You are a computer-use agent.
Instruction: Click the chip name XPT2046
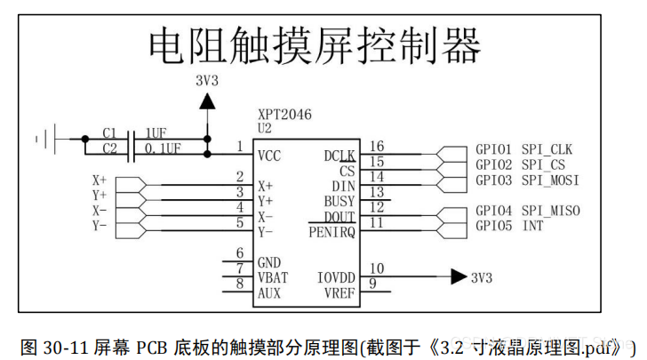pyautogui.click(x=284, y=115)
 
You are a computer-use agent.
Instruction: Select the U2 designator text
pyautogui.click(x=265, y=128)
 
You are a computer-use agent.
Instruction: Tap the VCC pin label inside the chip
pyautogui.click(x=269, y=156)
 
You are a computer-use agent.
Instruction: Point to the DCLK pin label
pyautogui.click(x=339, y=156)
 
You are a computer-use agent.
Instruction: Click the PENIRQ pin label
pyautogui.click(x=331, y=233)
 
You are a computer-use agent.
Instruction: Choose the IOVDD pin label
pyautogui.click(x=336, y=277)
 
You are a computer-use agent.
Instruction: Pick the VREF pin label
pyautogui.click(x=339, y=292)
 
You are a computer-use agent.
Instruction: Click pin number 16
pyautogui.click(x=377, y=146)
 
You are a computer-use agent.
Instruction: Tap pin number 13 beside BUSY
pyautogui.click(x=377, y=191)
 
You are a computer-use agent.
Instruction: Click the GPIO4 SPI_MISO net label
pyautogui.click(x=527, y=211)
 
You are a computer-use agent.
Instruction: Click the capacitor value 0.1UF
pyautogui.click(x=164, y=148)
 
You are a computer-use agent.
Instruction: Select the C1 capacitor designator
pyautogui.click(x=109, y=132)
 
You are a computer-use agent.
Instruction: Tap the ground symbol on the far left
pyautogui.click(x=44, y=139)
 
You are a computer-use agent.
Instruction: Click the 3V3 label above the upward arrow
pyautogui.click(x=206, y=81)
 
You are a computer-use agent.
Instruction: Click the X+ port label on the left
pyautogui.click(x=99, y=179)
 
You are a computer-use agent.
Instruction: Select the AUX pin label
pyautogui.click(x=269, y=292)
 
